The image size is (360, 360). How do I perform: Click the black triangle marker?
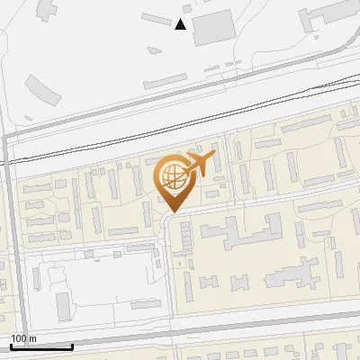(x=181, y=24)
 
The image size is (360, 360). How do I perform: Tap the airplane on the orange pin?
(x=200, y=164)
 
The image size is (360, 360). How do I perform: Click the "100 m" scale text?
(x=23, y=338)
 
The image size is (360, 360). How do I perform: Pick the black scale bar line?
(x=41, y=346)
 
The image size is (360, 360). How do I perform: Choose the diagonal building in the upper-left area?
(x=40, y=89)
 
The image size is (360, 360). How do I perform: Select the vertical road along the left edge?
(x=6, y=234)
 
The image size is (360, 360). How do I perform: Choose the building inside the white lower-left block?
(x=63, y=307)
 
